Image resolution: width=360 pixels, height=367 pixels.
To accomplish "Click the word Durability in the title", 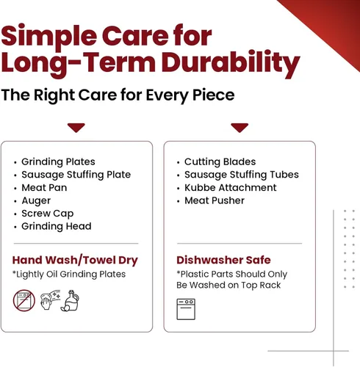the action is point(231,63).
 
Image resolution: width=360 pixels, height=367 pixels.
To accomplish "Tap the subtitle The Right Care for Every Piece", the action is point(118,95).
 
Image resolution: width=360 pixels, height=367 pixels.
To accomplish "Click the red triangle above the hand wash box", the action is point(76,128).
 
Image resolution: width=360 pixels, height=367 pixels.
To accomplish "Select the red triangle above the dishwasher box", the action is point(240,128).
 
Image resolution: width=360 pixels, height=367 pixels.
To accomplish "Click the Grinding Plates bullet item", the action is point(58,161).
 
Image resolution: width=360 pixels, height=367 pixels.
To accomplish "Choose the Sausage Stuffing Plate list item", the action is point(76,175).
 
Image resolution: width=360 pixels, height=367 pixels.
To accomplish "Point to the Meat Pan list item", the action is point(44,188).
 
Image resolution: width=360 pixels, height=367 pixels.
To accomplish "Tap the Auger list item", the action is point(36,201).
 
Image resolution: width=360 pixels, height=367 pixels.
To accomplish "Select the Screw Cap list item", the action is point(48,214).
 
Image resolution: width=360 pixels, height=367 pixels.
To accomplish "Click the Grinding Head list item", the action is point(57,226).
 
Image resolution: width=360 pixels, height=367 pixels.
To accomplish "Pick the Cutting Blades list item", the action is point(220,161).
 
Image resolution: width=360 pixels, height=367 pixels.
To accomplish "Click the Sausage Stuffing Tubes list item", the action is point(242,175).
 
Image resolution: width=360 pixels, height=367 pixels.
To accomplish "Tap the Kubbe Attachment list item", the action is point(231,188).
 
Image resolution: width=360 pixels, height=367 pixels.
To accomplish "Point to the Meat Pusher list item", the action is point(215,200).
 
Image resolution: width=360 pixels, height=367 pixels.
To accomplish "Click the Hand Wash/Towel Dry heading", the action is point(75,261).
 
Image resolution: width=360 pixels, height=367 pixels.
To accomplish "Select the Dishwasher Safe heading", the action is point(223,260).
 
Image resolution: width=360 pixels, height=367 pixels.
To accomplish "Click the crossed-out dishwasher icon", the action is point(24,300).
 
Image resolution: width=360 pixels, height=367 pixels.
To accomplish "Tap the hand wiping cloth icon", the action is point(50,299).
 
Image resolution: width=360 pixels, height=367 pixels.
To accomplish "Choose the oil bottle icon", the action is point(70,300).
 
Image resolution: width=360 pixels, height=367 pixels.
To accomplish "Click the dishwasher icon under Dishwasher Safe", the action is point(186,309).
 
